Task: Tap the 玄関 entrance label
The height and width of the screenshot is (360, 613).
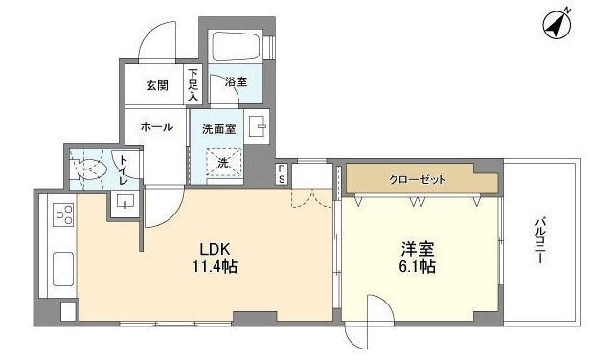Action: tap(157, 84)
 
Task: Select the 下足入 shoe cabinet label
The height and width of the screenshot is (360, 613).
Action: tap(193, 84)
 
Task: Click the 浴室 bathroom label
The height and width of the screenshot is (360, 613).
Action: tap(236, 82)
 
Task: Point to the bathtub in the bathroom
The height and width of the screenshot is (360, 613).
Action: tap(236, 47)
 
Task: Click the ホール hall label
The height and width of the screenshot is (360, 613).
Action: tap(156, 126)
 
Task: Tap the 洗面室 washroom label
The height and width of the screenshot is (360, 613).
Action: tap(219, 127)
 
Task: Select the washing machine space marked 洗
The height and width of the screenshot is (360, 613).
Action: tap(223, 164)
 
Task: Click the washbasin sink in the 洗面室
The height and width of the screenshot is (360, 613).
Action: tap(257, 126)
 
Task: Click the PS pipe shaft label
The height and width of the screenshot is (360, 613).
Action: tap(282, 174)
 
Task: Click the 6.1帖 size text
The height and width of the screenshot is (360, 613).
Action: tap(418, 267)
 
